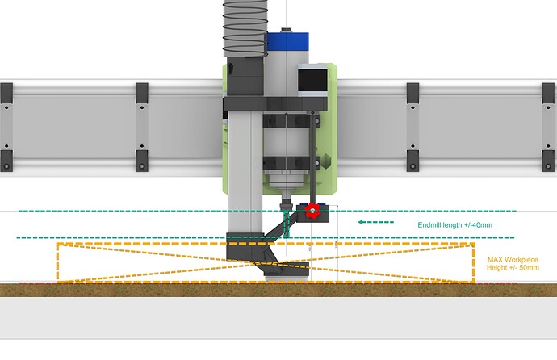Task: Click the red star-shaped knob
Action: [312, 211]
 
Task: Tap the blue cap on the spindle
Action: [287, 41]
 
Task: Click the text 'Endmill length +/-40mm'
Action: [454, 225]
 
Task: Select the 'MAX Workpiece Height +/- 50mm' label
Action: [513, 264]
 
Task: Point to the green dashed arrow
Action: [376, 222]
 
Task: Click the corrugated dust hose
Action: [245, 28]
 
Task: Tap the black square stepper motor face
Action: [312, 80]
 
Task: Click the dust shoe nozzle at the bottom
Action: [287, 273]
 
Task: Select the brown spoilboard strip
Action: [278, 290]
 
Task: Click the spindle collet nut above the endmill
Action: [285, 205]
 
